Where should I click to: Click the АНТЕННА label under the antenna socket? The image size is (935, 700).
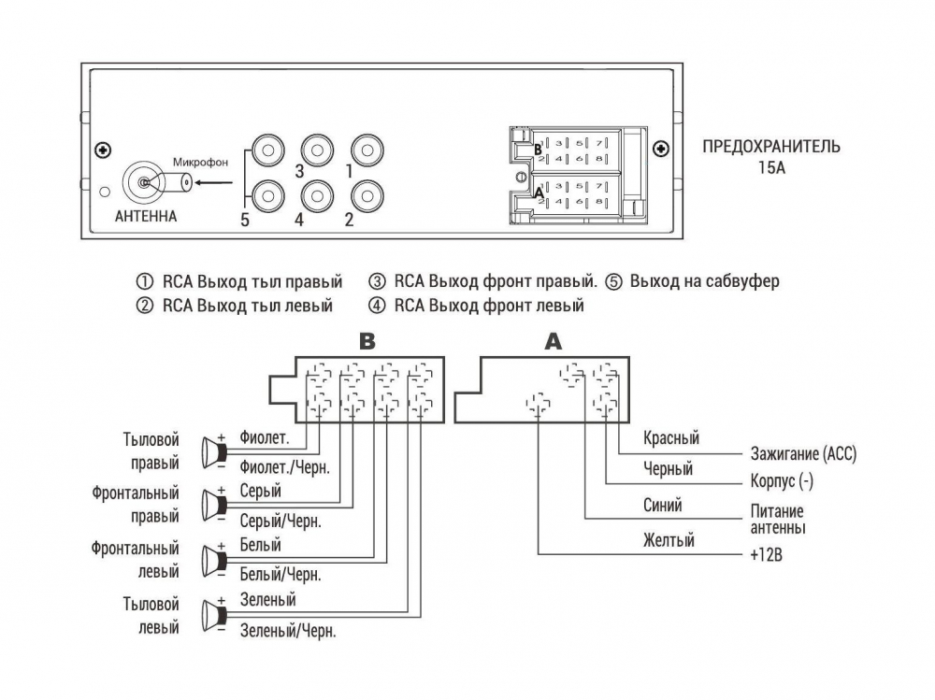click(144, 217)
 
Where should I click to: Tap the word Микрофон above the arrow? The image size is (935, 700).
click(200, 162)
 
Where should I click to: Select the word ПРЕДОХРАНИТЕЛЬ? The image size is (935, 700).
click(770, 147)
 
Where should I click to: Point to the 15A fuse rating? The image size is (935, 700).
click(771, 168)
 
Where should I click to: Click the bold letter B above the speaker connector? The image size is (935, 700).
click(367, 341)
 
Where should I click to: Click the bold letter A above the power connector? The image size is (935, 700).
click(554, 341)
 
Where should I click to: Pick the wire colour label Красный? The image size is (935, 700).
click(670, 438)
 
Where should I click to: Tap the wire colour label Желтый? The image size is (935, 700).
click(669, 539)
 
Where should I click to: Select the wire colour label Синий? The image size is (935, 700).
click(663, 506)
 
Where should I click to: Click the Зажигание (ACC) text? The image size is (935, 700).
click(803, 455)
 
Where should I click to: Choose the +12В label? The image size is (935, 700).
click(766, 554)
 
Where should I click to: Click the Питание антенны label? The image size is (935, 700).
click(777, 520)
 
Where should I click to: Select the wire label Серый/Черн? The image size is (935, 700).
click(280, 521)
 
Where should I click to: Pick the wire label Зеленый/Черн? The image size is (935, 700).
click(288, 631)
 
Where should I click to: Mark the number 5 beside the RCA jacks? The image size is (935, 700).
click(245, 221)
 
